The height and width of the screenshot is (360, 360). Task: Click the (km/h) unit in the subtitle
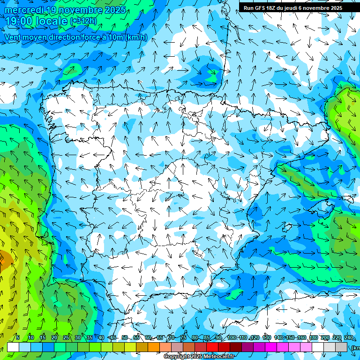pos(136,37)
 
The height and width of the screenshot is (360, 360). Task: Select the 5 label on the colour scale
pos(18,337)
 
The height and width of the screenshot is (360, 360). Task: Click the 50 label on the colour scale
pos(125,337)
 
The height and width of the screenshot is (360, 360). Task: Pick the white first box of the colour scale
pos(13,347)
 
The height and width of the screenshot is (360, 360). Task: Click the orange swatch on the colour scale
pos(154,347)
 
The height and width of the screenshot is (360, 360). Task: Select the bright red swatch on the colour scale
pos(212,347)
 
